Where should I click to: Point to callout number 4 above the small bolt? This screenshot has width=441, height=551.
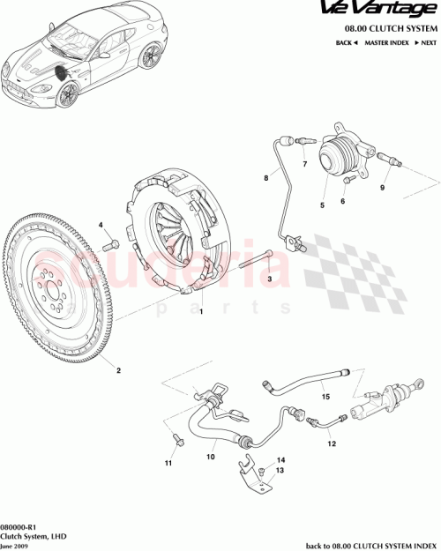coord(101,227)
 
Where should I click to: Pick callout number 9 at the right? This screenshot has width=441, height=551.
coord(383,188)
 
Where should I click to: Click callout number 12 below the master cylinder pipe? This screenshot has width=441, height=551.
coord(333,444)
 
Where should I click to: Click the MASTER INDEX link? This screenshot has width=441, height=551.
coord(385,41)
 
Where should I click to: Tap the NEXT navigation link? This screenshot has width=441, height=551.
coord(425,41)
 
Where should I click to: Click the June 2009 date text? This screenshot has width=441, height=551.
coord(15,544)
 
